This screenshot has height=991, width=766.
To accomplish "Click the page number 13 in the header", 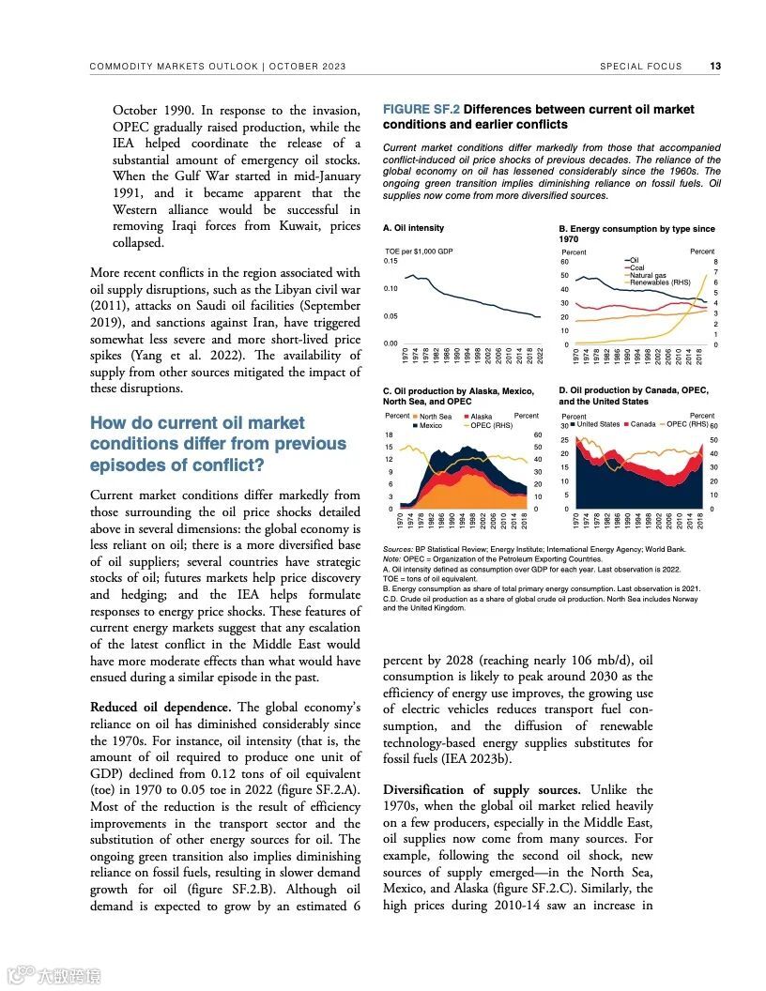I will point(715,67).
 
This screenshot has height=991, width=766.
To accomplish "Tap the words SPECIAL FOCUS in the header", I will point(636,67).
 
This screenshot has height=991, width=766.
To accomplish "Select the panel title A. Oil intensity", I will point(414,228).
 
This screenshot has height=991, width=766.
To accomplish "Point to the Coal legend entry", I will point(637,267).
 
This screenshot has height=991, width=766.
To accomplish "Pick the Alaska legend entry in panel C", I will point(481,417).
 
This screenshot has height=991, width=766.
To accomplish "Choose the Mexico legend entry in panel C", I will point(430,425).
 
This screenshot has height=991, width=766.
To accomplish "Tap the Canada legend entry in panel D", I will point(642,424).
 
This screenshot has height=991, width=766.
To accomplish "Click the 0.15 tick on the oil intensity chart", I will point(391,261).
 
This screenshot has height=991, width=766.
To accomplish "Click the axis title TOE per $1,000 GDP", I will point(420,252).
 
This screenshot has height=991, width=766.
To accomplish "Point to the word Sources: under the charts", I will point(398,548).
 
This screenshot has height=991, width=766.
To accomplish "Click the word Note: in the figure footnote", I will point(392,558).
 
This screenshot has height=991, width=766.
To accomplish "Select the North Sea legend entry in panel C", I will point(435,417).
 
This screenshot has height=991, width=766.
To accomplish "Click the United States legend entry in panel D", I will point(598,424).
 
